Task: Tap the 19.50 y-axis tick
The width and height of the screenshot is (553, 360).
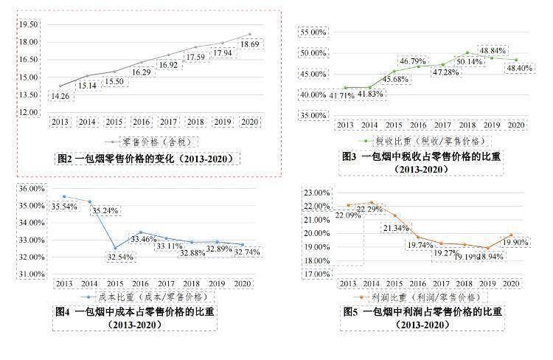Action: [29, 24]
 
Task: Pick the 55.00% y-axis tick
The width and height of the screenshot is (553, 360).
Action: [311, 33]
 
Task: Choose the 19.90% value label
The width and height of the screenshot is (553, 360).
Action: [517, 242]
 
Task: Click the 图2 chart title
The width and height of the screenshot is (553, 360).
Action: [147, 159]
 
